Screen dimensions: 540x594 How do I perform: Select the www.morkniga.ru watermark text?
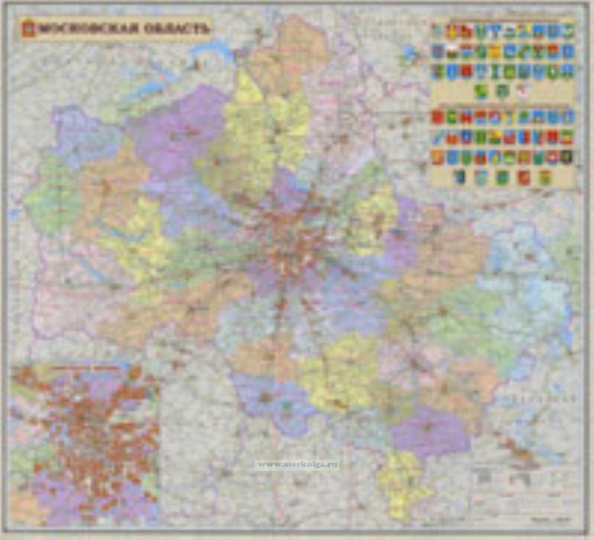[297, 465]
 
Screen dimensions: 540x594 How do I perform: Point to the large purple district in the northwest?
[182, 130]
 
